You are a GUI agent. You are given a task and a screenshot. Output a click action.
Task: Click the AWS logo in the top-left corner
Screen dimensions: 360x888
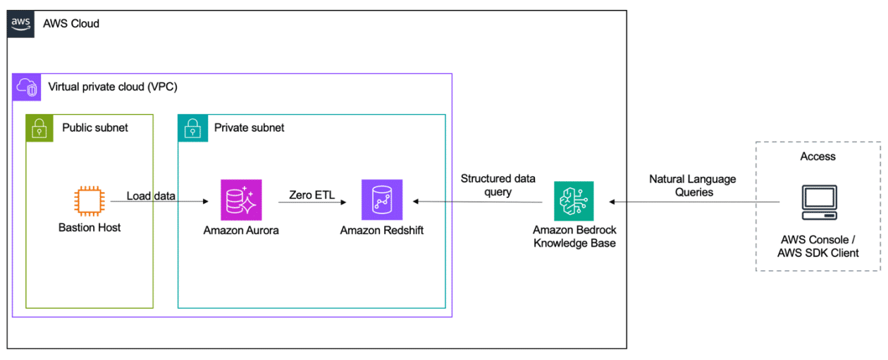tap(20, 23)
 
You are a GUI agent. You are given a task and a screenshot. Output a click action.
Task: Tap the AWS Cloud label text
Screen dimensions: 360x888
tap(71, 24)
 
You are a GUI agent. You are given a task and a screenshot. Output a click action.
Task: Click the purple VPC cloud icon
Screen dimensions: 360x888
tap(26, 87)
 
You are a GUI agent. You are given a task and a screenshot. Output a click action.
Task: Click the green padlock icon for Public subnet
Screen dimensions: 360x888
tap(39, 128)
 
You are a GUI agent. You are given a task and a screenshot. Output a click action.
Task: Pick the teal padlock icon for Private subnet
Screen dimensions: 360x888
tap(192, 128)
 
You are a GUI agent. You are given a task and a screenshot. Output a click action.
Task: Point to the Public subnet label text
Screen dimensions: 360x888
tap(95, 128)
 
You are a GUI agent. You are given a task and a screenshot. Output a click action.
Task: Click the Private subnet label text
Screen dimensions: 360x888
tap(249, 128)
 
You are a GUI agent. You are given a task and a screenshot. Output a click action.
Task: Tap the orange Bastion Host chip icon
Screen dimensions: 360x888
tap(90, 200)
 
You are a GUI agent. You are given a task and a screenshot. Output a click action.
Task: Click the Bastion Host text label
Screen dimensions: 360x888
tap(90, 228)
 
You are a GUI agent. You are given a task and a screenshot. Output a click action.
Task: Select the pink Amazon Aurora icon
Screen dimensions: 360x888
tap(241, 200)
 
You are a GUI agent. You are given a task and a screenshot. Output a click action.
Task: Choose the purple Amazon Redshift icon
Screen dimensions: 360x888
tap(382, 200)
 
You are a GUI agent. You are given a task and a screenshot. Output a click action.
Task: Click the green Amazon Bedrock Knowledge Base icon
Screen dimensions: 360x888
tap(574, 201)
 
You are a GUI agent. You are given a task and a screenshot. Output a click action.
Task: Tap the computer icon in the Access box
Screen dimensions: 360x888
tap(818, 202)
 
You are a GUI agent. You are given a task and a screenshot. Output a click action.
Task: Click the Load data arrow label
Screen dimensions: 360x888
tap(151, 195)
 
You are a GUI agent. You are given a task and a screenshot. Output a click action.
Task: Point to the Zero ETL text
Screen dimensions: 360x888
tap(312, 195)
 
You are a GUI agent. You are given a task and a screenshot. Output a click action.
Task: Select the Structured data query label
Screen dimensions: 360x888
tap(498, 185)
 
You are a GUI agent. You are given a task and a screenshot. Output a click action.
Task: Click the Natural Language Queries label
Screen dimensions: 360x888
tap(692, 185)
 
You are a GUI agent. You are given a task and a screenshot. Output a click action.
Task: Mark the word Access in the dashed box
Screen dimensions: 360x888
tap(818, 156)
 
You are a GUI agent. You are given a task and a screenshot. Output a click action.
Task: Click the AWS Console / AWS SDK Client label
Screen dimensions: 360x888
tap(818, 247)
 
